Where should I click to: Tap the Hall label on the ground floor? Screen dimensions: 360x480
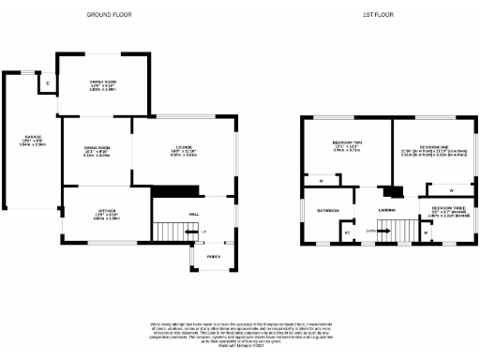(x=194, y=214)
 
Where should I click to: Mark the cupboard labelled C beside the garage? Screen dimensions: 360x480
(x=48, y=84)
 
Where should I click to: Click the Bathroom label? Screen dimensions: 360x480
(x=328, y=210)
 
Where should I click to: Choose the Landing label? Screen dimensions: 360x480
(x=385, y=210)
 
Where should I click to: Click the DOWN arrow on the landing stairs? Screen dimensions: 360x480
(x=372, y=231)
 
